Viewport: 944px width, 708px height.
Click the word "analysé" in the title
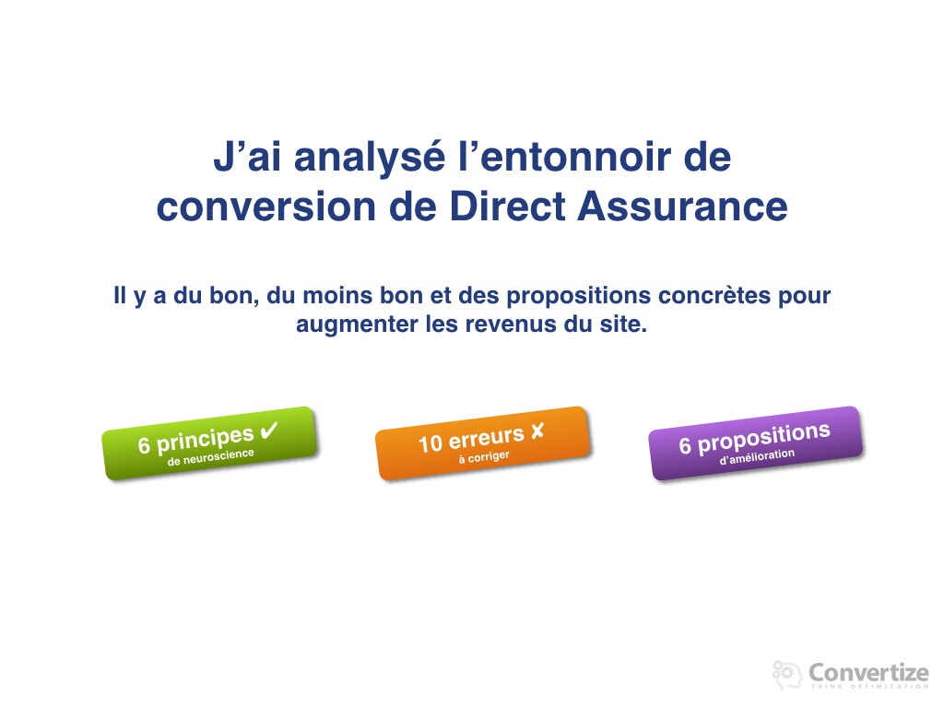[x=370, y=159]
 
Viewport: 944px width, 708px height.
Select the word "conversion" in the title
[x=266, y=206]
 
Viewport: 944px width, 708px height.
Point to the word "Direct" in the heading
[x=508, y=206]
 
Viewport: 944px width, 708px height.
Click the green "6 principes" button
[x=209, y=443]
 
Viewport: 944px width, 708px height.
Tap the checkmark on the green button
[x=268, y=431]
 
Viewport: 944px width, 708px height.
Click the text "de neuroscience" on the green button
[x=211, y=457]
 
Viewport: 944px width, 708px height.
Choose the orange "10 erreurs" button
[x=482, y=443]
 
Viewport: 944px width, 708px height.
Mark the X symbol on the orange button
[x=537, y=431]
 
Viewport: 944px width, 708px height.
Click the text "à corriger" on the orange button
[x=484, y=457]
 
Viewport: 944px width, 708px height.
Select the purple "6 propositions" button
[x=756, y=443]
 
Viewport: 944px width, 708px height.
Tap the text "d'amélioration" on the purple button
[x=758, y=457]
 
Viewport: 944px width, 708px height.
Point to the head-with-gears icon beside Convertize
[x=787, y=674]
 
